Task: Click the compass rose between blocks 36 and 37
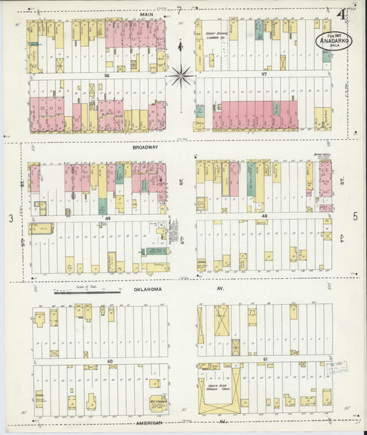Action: tap(180, 74)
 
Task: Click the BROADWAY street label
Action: tap(146, 147)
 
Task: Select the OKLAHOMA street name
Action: tap(147, 290)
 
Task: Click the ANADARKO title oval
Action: tap(333, 39)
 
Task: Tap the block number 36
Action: tap(107, 76)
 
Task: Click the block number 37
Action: tap(264, 74)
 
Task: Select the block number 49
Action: tap(107, 218)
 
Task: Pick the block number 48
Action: tap(264, 217)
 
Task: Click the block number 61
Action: tap(265, 359)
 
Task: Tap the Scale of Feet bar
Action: tap(87, 292)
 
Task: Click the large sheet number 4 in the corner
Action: tap(341, 14)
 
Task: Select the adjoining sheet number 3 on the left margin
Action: tap(11, 218)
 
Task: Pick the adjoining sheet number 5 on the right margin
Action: tap(355, 217)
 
